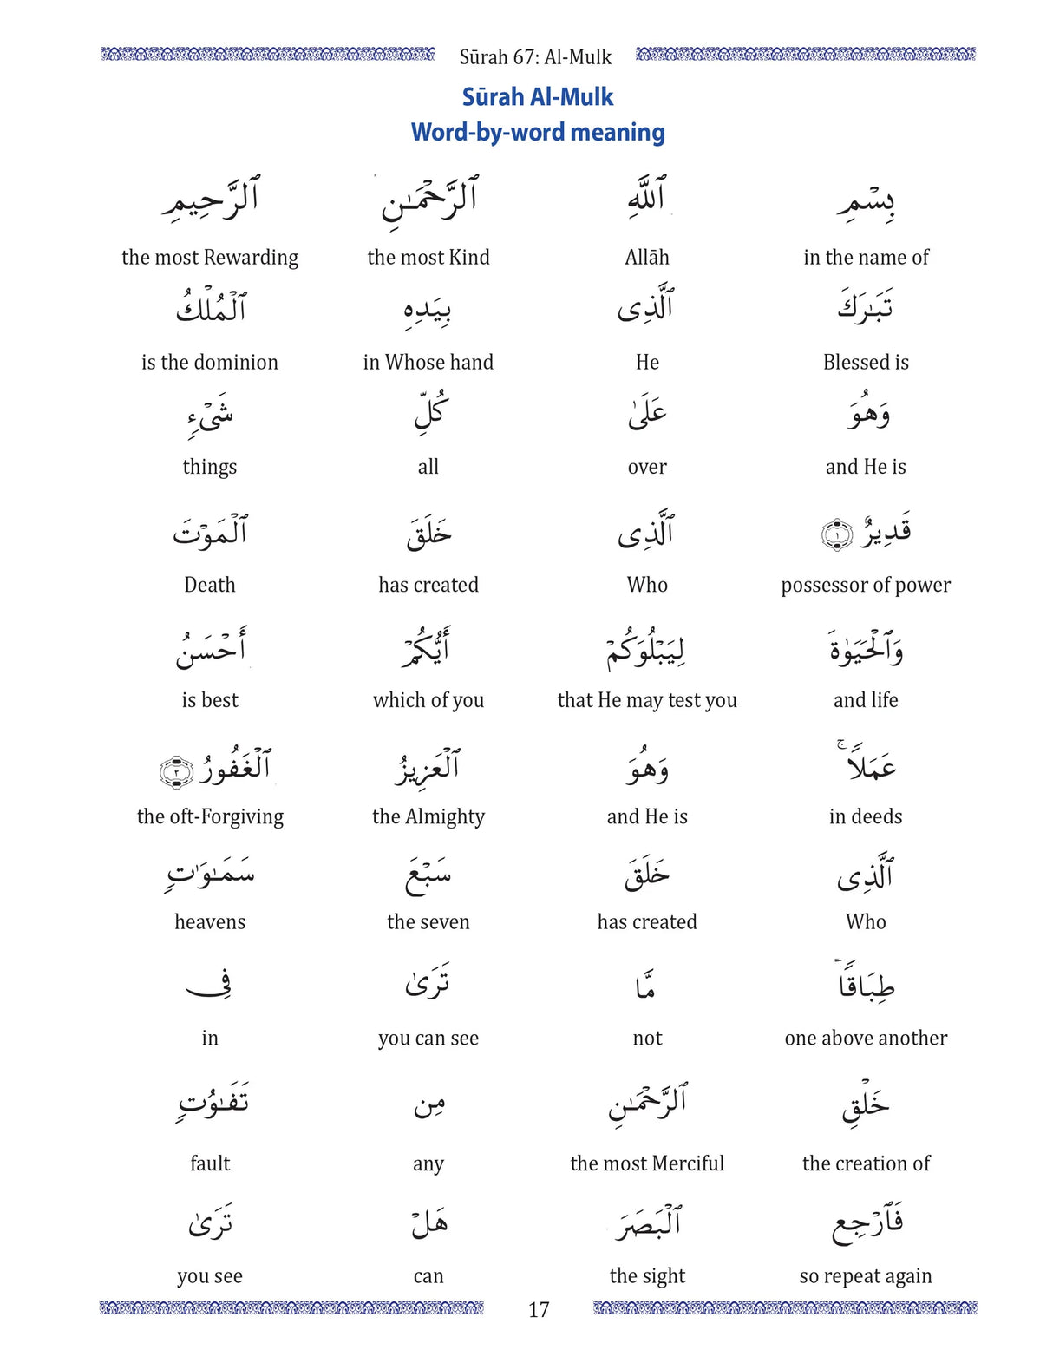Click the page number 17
click(x=538, y=1309)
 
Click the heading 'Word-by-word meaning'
click(x=538, y=132)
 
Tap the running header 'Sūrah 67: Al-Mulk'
click(x=535, y=57)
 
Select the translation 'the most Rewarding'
click(x=210, y=257)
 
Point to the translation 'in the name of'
click(x=866, y=257)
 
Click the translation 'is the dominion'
click(x=210, y=362)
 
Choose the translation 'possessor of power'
click(x=866, y=585)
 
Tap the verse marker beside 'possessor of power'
click(x=836, y=534)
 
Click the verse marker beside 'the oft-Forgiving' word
click(x=176, y=770)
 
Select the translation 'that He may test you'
click(x=647, y=700)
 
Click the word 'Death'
click(x=210, y=585)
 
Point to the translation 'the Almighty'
click(x=428, y=816)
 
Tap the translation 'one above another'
click(x=866, y=1038)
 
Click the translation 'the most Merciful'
click(x=647, y=1163)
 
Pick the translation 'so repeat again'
click(x=866, y=1275)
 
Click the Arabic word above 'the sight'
click(x=647, y=1222)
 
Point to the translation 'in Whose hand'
click(x=428, y=362)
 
